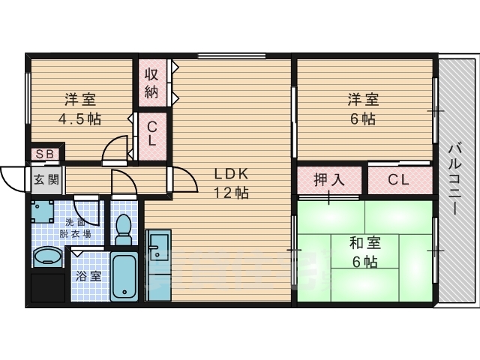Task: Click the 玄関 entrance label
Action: coord(44,179)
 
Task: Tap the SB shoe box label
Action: coord(45,154)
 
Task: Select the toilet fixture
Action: coord(124,228)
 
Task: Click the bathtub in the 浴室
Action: coord(124,275)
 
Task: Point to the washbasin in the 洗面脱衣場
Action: coord(48,256)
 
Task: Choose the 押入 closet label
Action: coord(328,180)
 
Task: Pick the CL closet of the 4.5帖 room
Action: coord(151,134)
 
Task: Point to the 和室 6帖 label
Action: coord(364,252)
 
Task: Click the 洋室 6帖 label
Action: coord(362,109)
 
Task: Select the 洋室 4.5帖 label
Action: coord(79,109)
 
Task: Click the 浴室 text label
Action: coord(88,275)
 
